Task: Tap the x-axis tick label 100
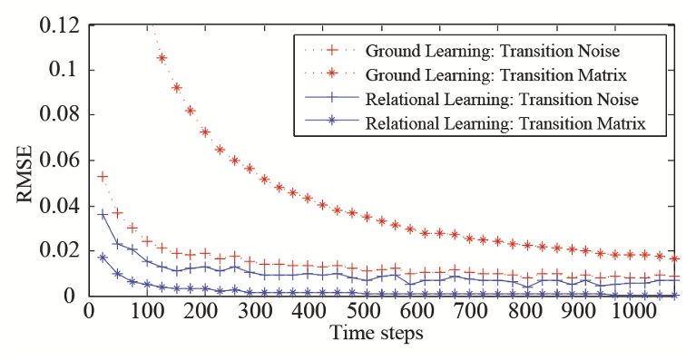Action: coord(145,311)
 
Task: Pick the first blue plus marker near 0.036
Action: coord(103,215)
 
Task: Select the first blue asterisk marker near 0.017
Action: coord(103,258)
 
